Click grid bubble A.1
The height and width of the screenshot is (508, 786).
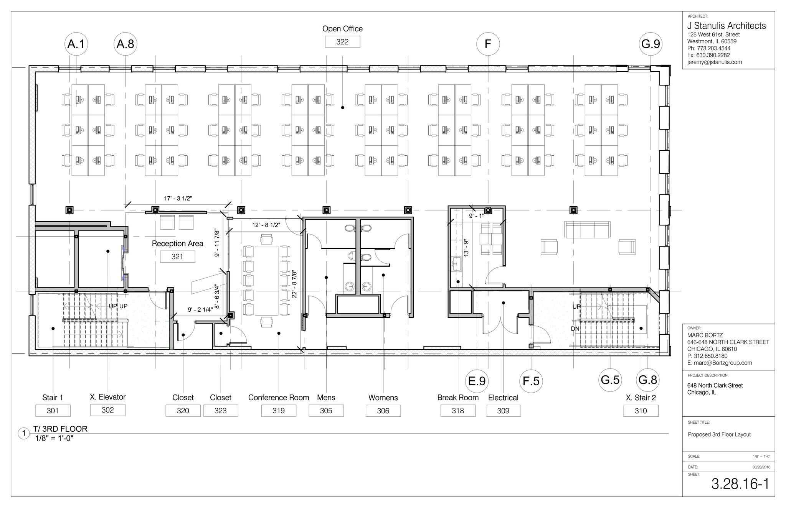pyautogui.click(x=76, y=44)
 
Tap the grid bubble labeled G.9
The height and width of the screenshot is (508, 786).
pyautogui.click(x=651, y=44)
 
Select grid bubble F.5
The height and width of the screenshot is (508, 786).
pyautogui.click(x=531, y=381)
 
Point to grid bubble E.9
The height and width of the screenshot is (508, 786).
pyautogui.click(x=477, y=381)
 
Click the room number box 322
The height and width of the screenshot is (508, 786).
pyautogui.click(x=342, y=42)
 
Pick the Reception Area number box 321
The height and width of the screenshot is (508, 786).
pyautogui.click(x=177, y=256)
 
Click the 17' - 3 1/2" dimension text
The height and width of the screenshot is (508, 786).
pyautogui.click(x=178, y=198)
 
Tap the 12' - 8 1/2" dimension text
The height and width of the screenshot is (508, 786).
pyautogui.click(x=266, y=225)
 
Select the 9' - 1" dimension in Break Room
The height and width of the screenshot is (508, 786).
pyautogui.click(x=477, y=216)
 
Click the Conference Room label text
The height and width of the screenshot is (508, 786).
pyautogui.click(x=279, y=398)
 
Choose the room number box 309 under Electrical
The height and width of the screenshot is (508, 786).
pyautogui.click(x=503, y=411)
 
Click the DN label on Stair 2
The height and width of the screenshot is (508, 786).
pyautogui.click(x=575, y=329)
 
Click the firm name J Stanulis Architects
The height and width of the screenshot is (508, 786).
pyautogui.click(x=726, y=26)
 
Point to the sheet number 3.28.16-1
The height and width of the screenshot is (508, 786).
pyautogui.click(x=740, y=484)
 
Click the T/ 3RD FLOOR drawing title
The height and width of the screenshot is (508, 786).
pyautogui.click(x=61, y=429)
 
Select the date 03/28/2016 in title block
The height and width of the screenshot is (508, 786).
pyautogui.click(x=761, y=467)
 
